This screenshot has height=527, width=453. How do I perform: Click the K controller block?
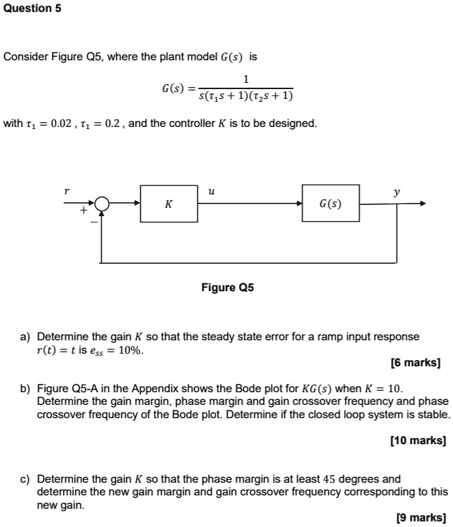[x=168, y=204]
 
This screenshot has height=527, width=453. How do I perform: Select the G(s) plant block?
[x=330, y=204]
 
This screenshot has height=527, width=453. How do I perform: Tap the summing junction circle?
[x=102, y=204]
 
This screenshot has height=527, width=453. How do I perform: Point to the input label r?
[x=67, y=190]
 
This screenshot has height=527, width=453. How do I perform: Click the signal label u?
[x=211, y=190]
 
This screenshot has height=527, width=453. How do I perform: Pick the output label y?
[x=397, y=191]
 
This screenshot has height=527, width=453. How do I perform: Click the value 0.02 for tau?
[x=53, y=124]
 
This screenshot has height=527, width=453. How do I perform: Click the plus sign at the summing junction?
[x=83, y=210]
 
